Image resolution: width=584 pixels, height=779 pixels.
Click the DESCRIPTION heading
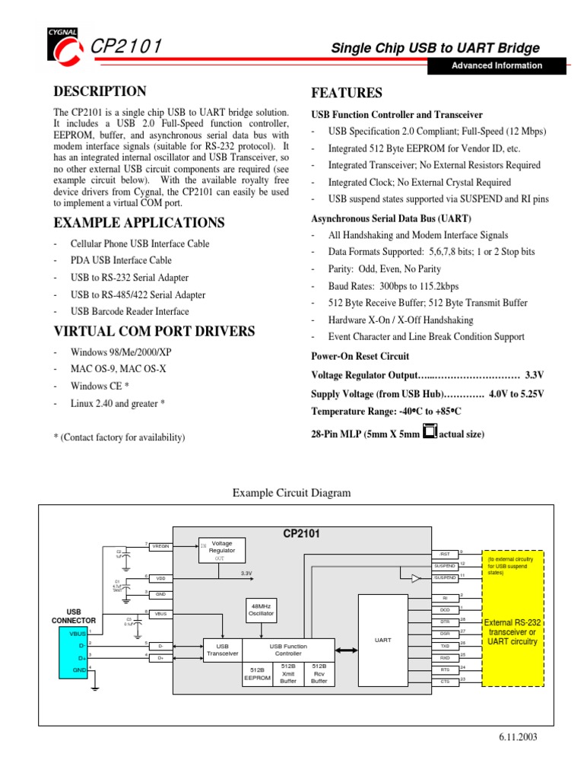pyautogui.click(x=100, y=92)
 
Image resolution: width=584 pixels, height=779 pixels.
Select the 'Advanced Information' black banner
pyautogui.click(x=497, y=65)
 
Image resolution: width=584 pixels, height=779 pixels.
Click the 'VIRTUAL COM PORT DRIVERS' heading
pyautogui.click(x=154, y=332)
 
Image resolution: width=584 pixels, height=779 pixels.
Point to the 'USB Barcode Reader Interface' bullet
pyautogui.click(x=130, y=311)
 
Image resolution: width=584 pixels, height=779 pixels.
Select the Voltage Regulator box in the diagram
pyautogui.click(x=221, y=549)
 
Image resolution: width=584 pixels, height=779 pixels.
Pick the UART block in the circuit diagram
pyautogui.click(x=383, y=641)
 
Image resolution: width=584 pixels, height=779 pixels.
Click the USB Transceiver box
pyautogui.click(x=223, y=650)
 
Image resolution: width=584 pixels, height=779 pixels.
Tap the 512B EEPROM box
pyautogui.click(x=257, y=675)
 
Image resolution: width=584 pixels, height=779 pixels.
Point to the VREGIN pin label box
pyautogui.click(x=160, y=545)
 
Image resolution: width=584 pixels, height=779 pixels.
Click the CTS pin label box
pyautogui.click(x=445, y=682)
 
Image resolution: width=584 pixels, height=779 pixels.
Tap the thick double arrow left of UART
pyautogui.click(x=346, y=649)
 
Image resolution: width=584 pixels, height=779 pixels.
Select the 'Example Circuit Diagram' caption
pyautogui.click(x=291, y=493)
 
